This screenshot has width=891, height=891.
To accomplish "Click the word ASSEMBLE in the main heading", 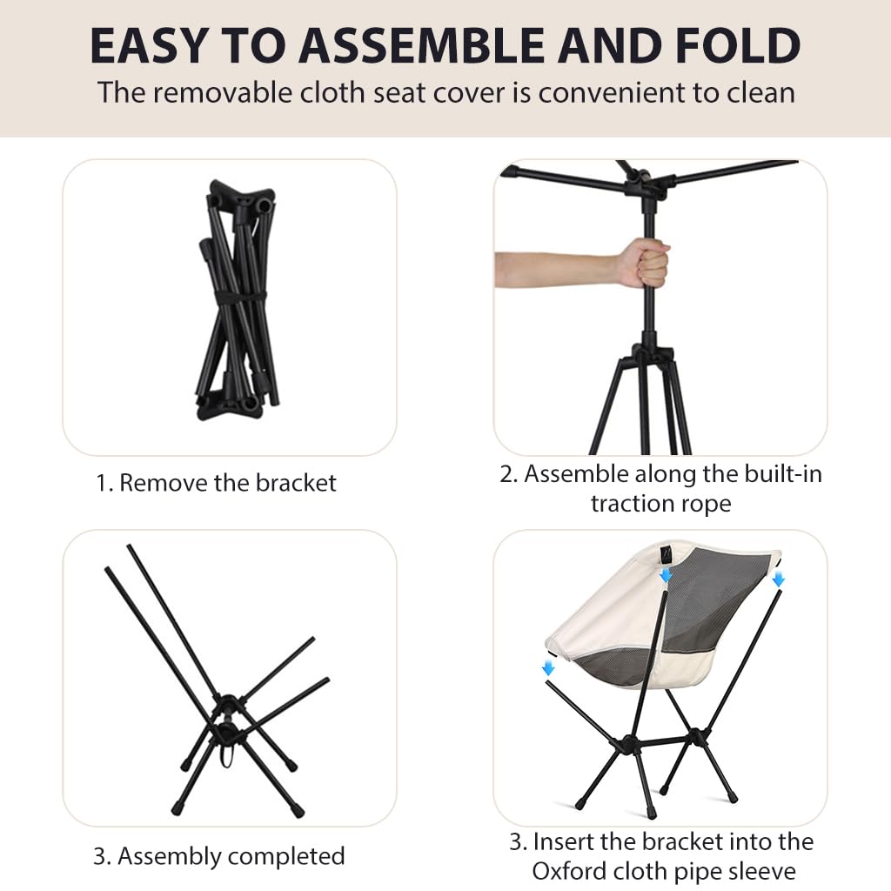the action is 423,45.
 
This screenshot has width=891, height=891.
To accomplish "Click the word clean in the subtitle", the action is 760,92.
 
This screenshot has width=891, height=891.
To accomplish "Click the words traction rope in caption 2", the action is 661,504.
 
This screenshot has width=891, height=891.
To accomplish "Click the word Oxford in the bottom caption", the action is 568,871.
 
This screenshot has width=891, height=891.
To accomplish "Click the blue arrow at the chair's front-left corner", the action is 548,667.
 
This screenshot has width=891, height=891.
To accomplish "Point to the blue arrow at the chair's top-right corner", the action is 779,579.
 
